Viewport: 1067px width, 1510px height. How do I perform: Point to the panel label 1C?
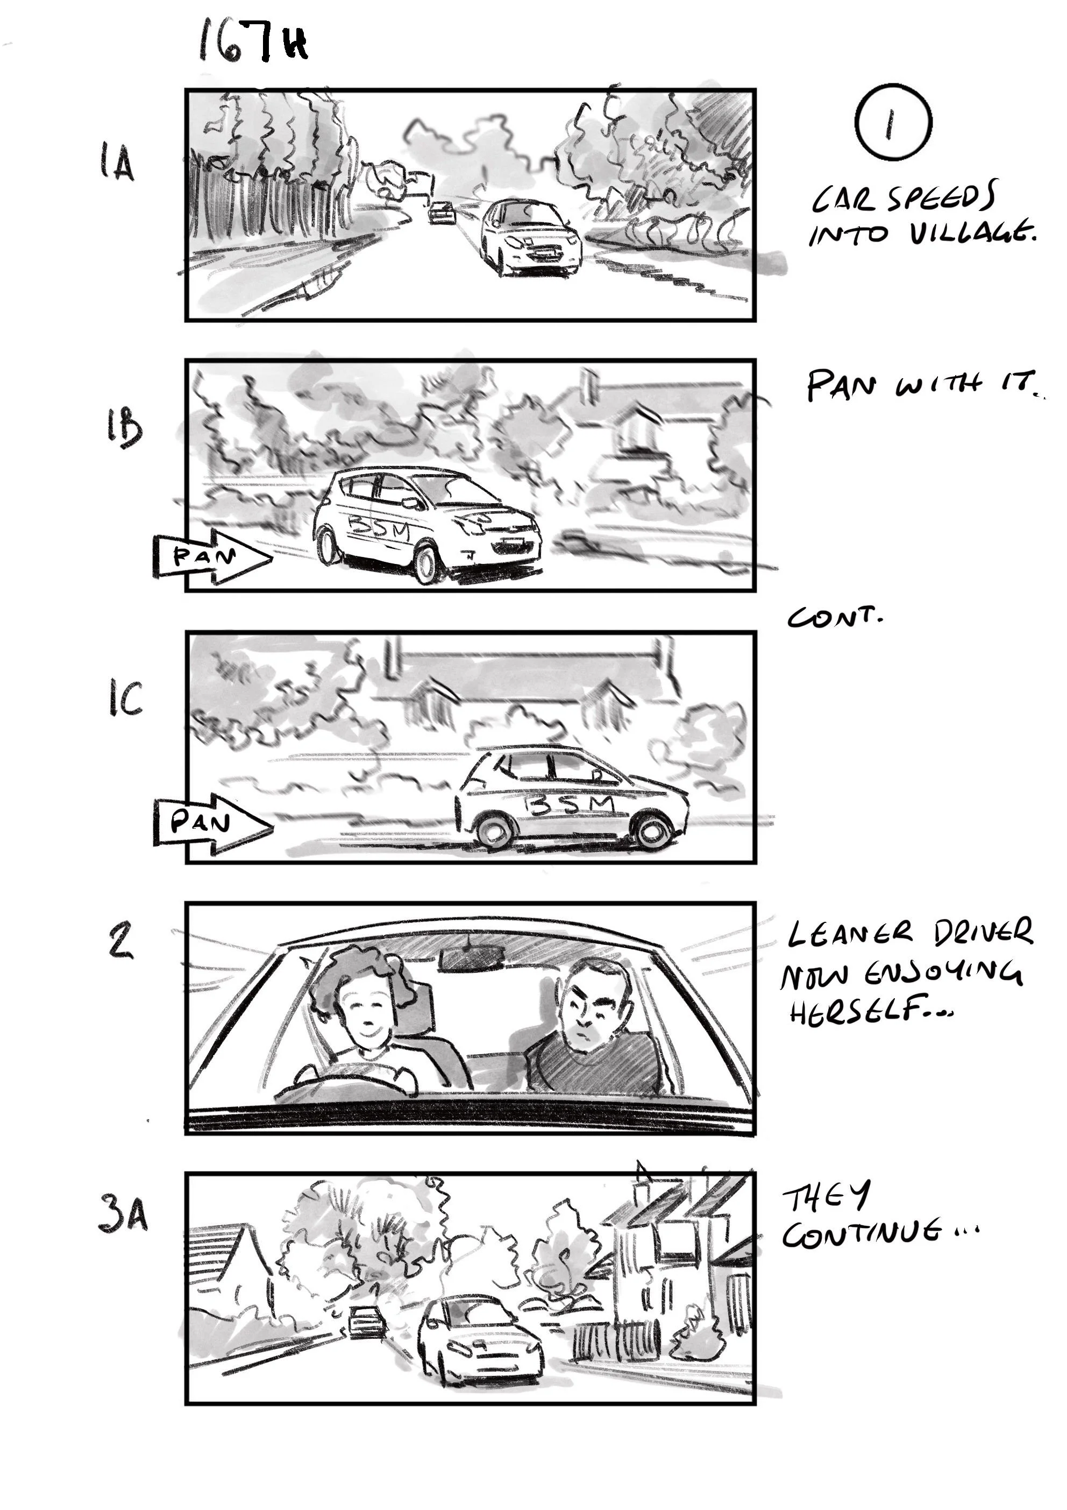(x=124, y=698)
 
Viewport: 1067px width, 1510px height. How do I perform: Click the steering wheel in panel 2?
(x=348, y=1080)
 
